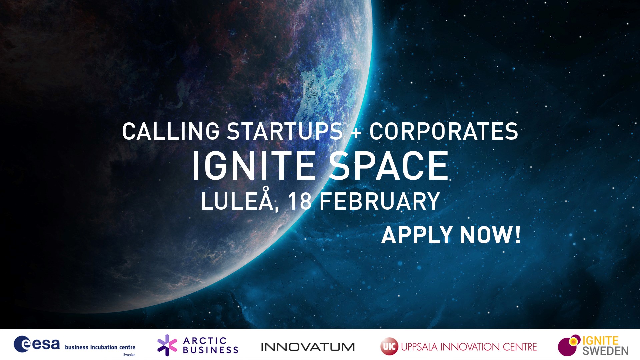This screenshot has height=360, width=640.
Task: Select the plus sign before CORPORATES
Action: point(356,132)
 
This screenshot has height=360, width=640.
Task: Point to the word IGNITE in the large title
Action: point(254,166)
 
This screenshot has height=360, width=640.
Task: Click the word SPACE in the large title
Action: point(389,166)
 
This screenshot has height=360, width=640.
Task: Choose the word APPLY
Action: point(417,235)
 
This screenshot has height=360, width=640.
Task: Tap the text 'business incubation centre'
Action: point(100,347)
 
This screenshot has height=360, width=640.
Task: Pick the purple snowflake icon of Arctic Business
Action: point(167,345)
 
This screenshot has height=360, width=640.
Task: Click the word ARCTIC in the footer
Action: point(205,341)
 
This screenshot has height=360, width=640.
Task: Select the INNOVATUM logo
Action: point(308,347)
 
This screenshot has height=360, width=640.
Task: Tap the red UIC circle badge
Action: point(389,347)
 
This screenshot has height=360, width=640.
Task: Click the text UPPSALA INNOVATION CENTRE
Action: point(469,347)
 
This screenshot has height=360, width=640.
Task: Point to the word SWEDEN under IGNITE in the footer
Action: point(605,351)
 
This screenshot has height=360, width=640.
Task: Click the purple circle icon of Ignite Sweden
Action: point(567,347)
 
